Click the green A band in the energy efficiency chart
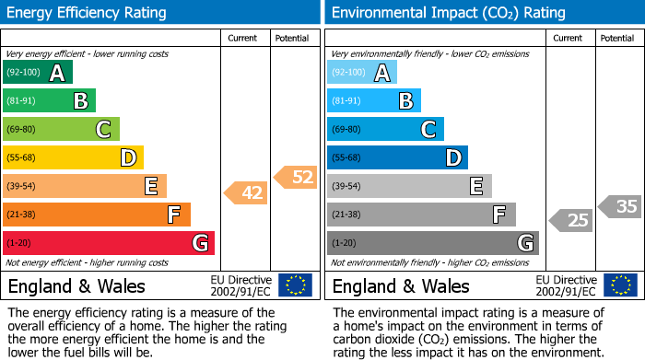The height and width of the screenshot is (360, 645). (37, 73)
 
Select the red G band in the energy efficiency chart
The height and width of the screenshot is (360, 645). (109, 243)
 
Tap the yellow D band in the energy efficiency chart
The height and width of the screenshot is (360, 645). (73, 157)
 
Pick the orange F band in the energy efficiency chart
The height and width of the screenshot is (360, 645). (97, 215)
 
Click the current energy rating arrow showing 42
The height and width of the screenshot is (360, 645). (246, 192)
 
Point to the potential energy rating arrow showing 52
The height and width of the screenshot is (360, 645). (297, 178)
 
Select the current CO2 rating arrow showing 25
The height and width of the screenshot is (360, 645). (571, 220)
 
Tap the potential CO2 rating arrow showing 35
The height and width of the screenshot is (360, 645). (620, 206)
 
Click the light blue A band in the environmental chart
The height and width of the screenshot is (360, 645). (361, 73)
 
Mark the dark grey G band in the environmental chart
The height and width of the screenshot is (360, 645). (432, 243)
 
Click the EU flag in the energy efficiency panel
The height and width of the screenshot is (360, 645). (295, 285)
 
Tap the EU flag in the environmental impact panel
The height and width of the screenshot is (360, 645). (621, 285)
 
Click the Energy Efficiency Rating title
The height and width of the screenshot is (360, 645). (88, 13)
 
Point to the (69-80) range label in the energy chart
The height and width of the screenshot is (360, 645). (22, 130)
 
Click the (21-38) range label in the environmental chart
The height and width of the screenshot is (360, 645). (347, 215)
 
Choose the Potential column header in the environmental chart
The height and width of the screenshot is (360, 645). (616, 38)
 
